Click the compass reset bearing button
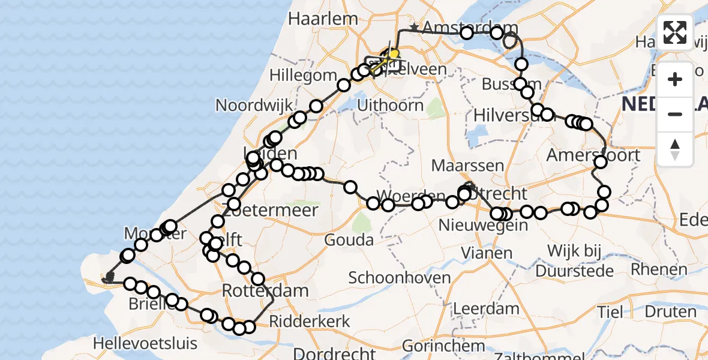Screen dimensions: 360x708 coord(675,149)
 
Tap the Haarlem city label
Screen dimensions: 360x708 coord(323,19)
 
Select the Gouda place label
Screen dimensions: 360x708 coord(349,240)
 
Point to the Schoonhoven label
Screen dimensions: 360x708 coord(399,278)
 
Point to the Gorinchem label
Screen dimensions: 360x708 coord(443,346)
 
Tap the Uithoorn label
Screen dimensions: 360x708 coord(390,106)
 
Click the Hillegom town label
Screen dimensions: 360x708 coord(303,76)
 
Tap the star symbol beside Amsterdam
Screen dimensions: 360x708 coord(413,28)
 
